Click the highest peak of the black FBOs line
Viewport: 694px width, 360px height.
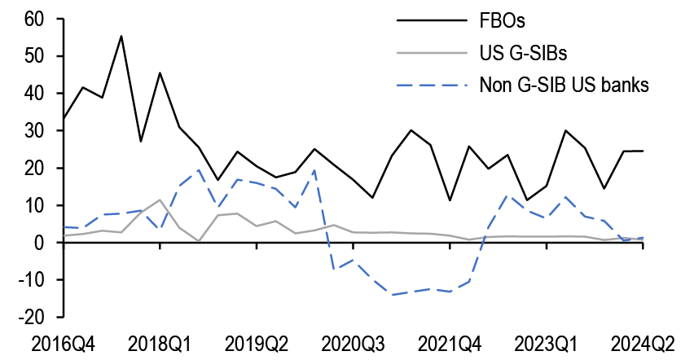pyautogui.click(x=121, y=36)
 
